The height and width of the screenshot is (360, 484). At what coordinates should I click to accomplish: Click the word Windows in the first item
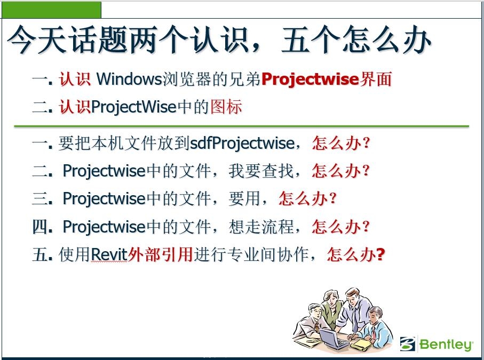click(x=129, y=79)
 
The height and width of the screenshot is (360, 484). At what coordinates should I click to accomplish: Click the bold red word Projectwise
click(x=310, y=79)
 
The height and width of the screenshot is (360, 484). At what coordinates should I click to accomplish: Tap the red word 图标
click(x=226, y=107)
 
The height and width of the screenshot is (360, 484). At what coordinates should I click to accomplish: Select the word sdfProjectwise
click(x=242, y=143)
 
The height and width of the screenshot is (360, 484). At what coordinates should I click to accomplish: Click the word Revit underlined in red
click(x=109, y=255)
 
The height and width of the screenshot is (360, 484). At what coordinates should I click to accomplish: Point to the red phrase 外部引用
click(x=160, y=254)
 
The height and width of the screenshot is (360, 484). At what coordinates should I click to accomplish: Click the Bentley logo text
click(x=446, y=345)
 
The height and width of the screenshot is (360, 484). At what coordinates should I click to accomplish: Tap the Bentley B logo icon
click(x=408, y=343)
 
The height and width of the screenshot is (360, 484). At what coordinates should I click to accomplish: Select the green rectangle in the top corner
click(x=52, y=10)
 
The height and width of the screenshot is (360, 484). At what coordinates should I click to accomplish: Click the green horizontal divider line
click(x=242, y=126)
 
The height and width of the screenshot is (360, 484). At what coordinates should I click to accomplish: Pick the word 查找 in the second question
click(x=277, y=171)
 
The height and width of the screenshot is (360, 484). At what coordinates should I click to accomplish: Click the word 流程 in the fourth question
click(x=277, y=227)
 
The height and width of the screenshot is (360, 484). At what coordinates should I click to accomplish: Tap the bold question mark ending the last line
click(x=380, y=254)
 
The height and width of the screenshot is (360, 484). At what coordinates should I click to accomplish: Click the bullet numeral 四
click(x=39, y=227)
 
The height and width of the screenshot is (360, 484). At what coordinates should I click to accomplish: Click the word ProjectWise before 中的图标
click(x=133, y=107)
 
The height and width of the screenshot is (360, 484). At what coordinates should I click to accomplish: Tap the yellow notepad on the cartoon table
click(x=362, y=344)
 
